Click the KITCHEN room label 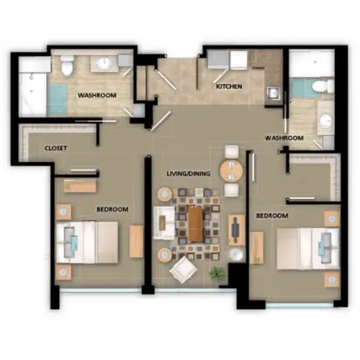[229, 87]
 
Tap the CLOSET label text [55, 148]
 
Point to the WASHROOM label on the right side [283, 138]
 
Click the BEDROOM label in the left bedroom [112, 209]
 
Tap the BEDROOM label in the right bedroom [272, 215]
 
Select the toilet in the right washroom [323, 87]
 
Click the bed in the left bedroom [88, 242]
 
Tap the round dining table [232, 171]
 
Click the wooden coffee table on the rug [196, 224]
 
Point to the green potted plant [216, 273]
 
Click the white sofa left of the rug [163, 222]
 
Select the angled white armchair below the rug [183, 270]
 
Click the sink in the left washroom [103, 64]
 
